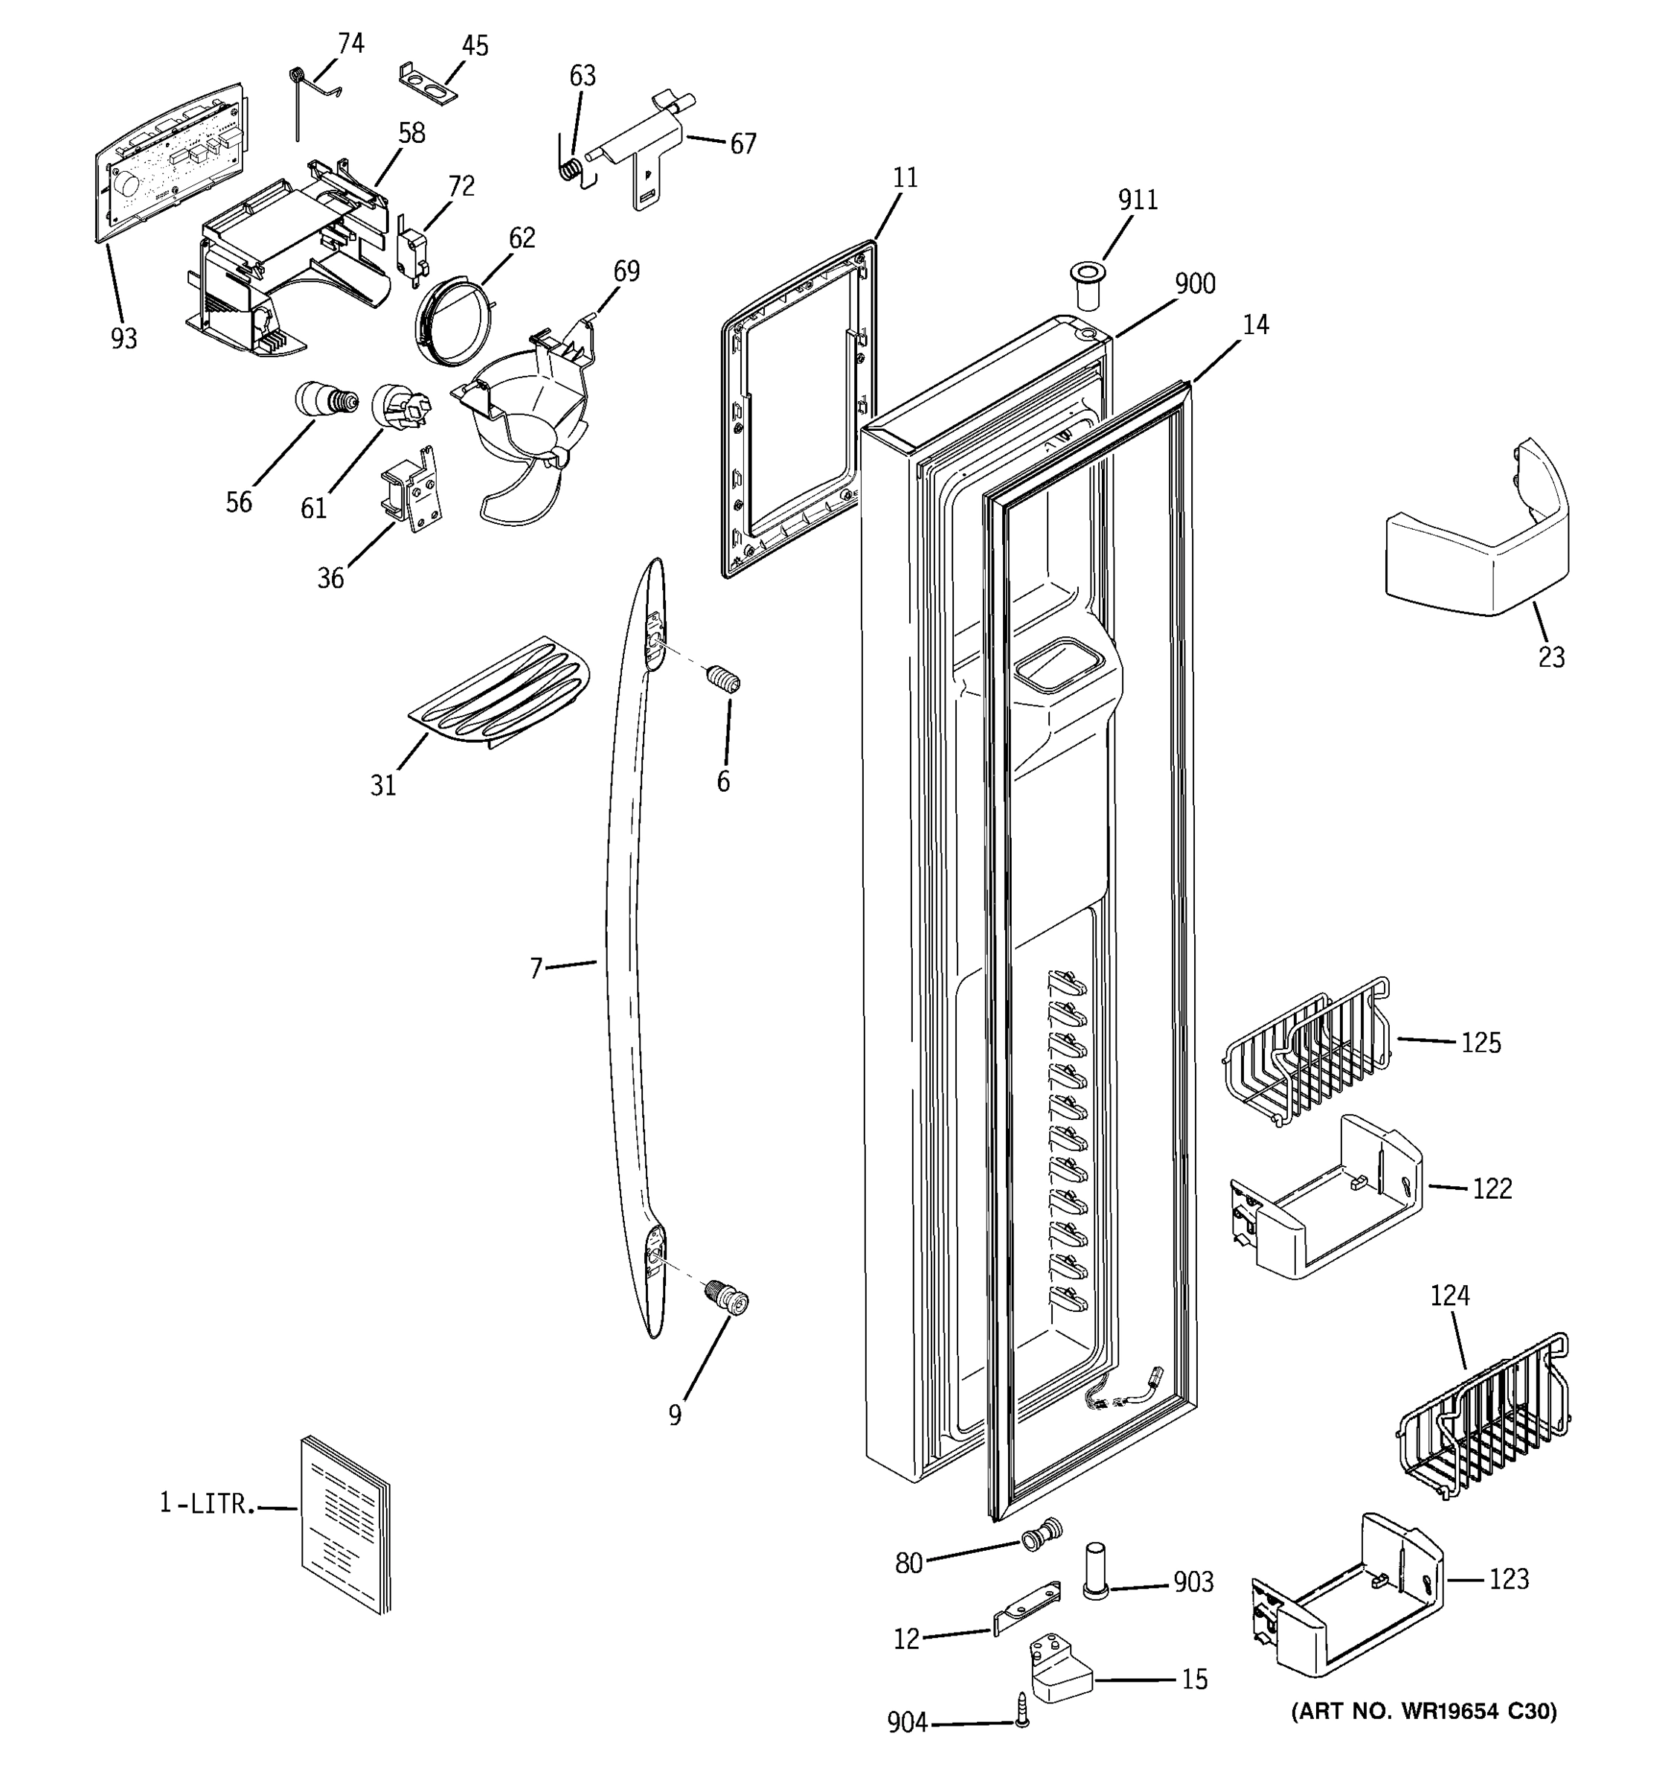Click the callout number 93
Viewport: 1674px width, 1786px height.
pyautogui.click(x=124, y=339)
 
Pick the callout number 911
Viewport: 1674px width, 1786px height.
pyautogui.click(x=1137, y=199)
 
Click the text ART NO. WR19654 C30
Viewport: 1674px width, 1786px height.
pyautogui.click(x=1423, y=1712)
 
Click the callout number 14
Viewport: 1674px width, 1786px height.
pyautogui.click(x=1256, y=324)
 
